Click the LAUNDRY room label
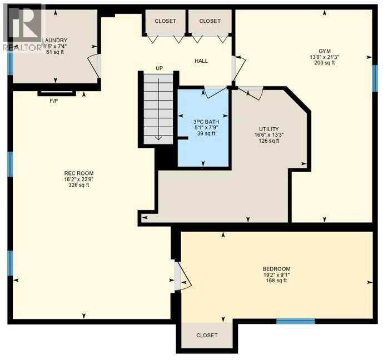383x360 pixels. coord(54,40)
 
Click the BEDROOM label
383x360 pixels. coord(276,268)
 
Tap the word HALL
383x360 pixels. coord(201,61)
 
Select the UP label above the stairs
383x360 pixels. coord(159,68)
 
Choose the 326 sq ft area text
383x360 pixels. coord(76,185)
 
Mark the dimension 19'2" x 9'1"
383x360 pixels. coord(276,274)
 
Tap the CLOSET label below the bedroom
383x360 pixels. coord(207,336)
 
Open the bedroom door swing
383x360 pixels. coord(182,277)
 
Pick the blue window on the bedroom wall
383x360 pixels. coord(296,321)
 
